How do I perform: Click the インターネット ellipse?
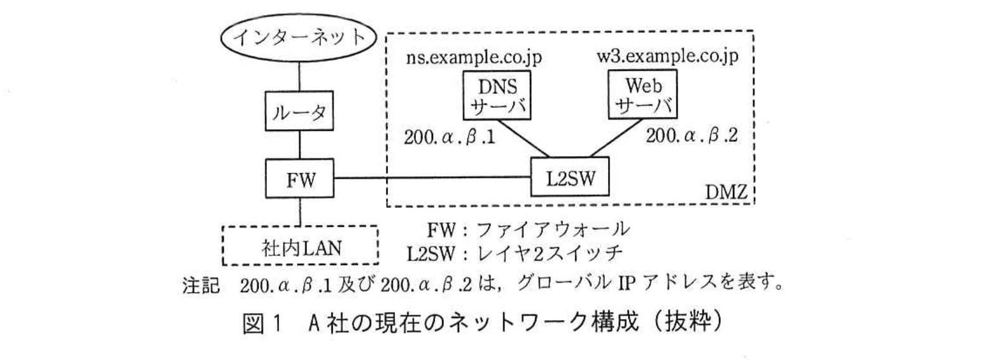click(x=299, y=37)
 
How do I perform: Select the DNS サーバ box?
click(x=496, y=95)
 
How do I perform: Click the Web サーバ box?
click(x=642, y=95)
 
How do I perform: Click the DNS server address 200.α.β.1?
click(x=450, y=137)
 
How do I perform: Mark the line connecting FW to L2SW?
click(x=432, y=178)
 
